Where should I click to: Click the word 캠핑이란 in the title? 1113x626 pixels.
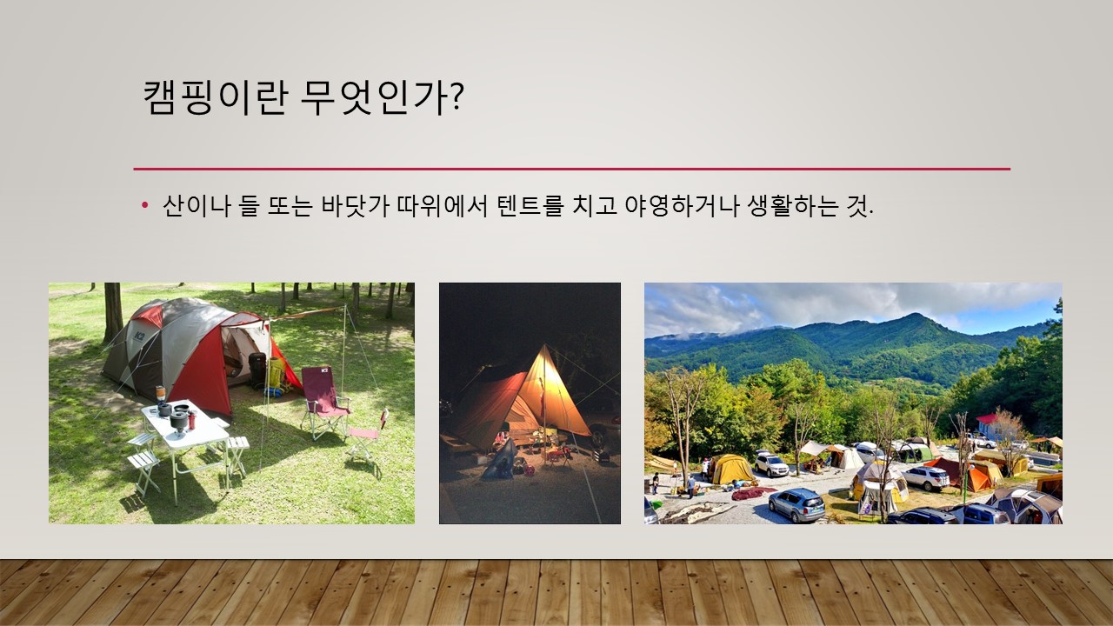coord(216,97)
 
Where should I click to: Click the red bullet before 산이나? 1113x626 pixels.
coord(145,204)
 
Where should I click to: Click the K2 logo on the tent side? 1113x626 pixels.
coord(139,336)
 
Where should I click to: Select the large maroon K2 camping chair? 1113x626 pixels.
coord(325,402)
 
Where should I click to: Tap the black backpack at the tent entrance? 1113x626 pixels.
coord(258,370)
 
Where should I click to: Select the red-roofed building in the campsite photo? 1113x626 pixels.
coord(990,425)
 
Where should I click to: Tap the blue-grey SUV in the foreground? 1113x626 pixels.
coord(796,505)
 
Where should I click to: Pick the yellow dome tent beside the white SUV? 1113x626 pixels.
coord(730,469)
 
